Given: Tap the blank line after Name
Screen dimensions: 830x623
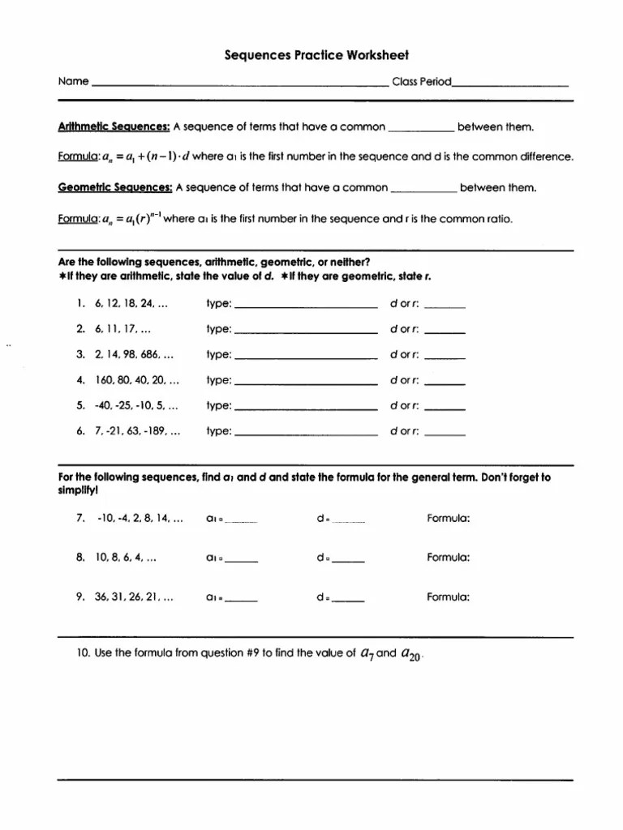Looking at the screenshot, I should pyautogui.click(x=240, y=84).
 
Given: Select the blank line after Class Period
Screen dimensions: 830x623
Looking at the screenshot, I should pyautogui.click(x=511, y=84).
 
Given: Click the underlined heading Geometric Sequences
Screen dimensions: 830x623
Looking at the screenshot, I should pyautogui.click(x=115, y=187).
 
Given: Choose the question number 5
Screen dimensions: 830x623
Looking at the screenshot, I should pyautogui.click(x=81, y=405).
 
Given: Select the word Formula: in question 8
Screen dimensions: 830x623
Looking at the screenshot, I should pyautogui.click(x=449, y=558).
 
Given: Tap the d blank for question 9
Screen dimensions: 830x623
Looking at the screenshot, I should pyautogui.click(x=349, y=601).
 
